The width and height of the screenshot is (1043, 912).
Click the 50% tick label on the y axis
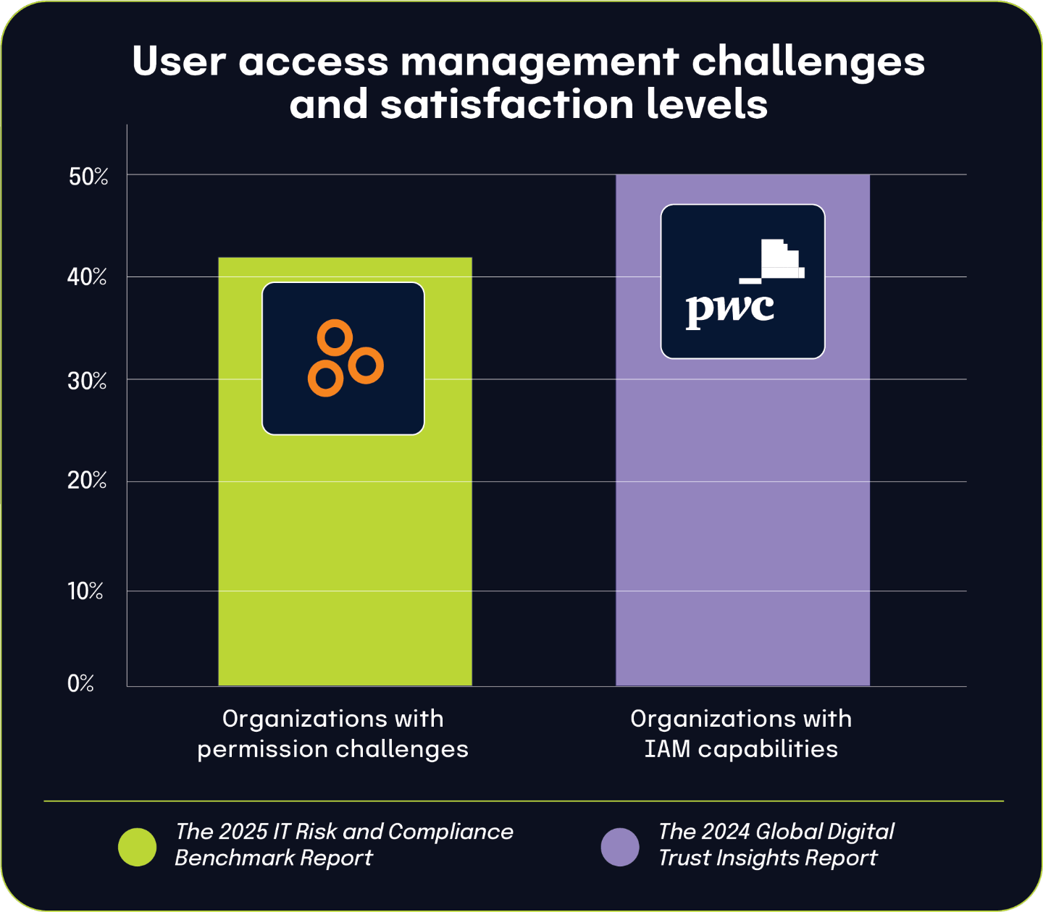[x=88, y=177]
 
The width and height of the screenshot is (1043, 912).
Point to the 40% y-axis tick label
[x=87, y=276]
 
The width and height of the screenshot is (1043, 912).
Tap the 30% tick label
[x=87, y=381]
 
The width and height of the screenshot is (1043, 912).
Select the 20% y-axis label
[x=87, y=481]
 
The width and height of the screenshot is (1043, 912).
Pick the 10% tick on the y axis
[x=85, y=591]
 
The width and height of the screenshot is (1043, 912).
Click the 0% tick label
[x=80, y=684]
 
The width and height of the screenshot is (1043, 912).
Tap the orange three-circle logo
[x=344, y=358]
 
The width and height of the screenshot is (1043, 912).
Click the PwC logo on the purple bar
[x=742, y=282]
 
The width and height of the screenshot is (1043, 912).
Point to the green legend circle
[x=137, y=847]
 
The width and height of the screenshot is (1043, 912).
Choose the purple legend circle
[x=620, y=847]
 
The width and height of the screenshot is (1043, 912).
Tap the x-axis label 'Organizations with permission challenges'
[x=333, y=734]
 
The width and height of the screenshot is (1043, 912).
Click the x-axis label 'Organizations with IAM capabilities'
[x=741, y=734]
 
